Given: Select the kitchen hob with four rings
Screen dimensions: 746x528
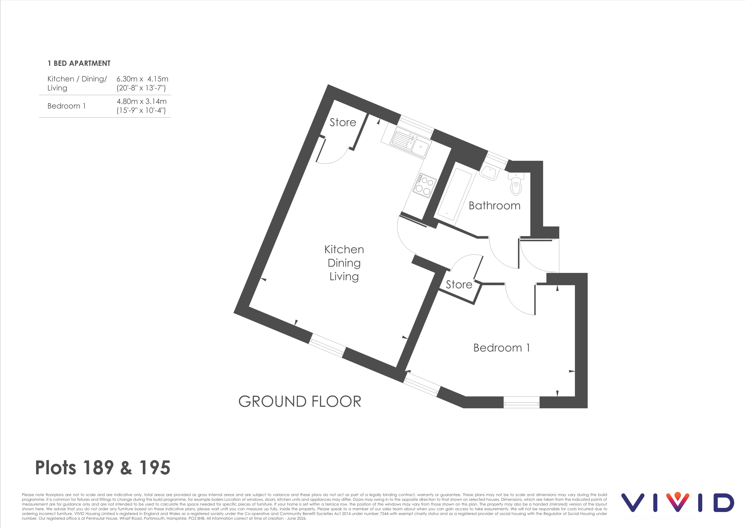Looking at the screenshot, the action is [424, 185].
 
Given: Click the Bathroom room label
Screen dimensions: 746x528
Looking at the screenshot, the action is [494, 206].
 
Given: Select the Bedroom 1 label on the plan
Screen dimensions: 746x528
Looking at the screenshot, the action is [501, 348].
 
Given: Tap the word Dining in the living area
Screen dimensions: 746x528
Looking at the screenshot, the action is [344, 263].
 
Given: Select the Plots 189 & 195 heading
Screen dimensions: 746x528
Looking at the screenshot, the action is [103, 468].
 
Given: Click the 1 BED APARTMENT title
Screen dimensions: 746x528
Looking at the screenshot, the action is [79, 63].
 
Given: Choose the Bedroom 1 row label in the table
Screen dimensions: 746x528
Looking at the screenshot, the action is [67, 106].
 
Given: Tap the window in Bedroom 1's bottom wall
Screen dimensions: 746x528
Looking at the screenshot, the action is [522, 402].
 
